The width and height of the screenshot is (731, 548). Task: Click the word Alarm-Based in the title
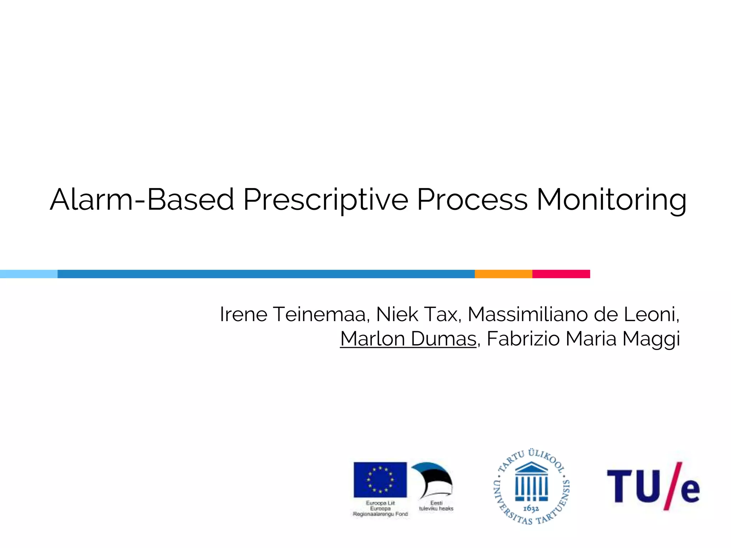pyautogui.click(x=142, y=199)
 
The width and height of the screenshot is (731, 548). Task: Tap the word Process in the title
pyautogui.click(x=472, y=199)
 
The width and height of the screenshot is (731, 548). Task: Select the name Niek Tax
pyautogui.click(x=417, y=314)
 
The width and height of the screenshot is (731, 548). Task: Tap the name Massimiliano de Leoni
pyautogui.click(x=573, y=314)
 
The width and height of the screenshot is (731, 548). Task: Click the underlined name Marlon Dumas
pyautogui.click(x=408, y=339)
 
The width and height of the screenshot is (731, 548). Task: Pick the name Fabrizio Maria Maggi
pyautogui.click(x=583, y=339)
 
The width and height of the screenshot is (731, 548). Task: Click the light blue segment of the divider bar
pyautogui.click(x=29, y=274)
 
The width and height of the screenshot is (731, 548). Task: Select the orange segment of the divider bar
pyautogui.click(x=503, y=274)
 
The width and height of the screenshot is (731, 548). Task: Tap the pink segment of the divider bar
pyautogui.click(x=561, y=274)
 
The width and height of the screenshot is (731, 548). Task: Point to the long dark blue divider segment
pyautogui.click(x=266, y=274)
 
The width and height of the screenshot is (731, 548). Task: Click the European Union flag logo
pyautogui.click(x=380, y=479)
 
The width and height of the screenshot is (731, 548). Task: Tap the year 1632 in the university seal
pyautogui.click(x=531, y=509)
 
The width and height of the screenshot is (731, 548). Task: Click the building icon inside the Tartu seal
pyautogui.click(x=531, y=482)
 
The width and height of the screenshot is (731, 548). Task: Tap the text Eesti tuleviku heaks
pyautogui.click(x=436, y=506)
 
